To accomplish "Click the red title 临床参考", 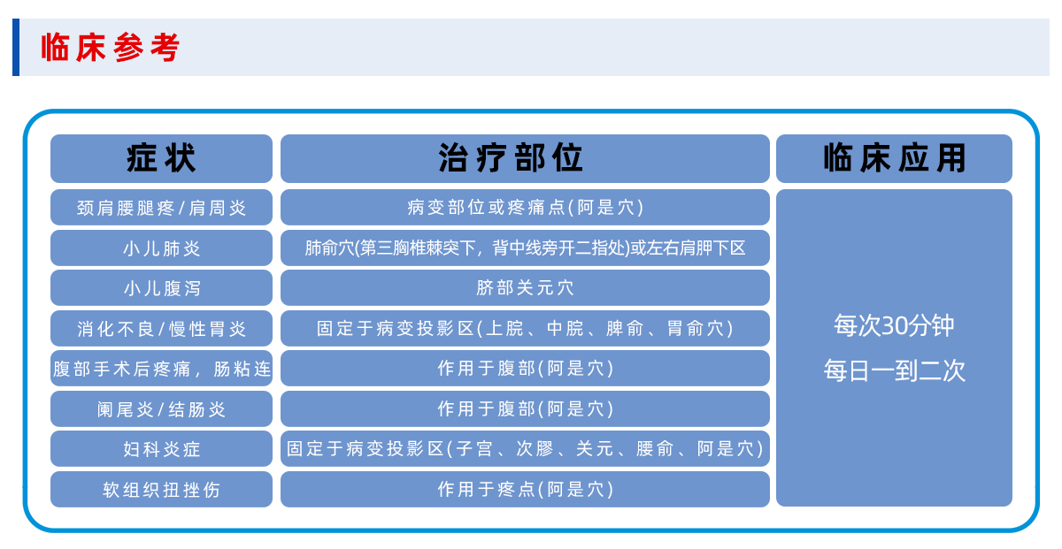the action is [x=110, y=48].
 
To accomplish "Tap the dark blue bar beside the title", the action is [x=16, y=47].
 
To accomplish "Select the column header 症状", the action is [x=161, y=158].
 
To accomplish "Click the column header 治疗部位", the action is [x=525, y=158].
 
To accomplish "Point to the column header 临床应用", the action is [x=894, y=158].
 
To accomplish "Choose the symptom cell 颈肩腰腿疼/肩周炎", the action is [x=161, y=208].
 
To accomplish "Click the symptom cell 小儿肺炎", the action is [x=161, y=248].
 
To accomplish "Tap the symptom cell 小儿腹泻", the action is [x=161, y=288].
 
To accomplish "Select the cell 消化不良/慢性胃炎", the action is [x=161, y=328].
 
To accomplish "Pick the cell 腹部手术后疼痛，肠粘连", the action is [x=161, y=369].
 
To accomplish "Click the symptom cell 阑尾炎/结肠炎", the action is [x=161, y=408].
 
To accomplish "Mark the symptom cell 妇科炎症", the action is [x=161, y=448].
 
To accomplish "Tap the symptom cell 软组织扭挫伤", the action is [x=161, y=489].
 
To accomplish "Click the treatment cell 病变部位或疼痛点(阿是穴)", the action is [x=525, y=208].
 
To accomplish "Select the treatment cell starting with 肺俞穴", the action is [x=525, y=248].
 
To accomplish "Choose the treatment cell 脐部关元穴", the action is [x=525, y=288].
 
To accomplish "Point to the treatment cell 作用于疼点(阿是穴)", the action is [x=525, y=489].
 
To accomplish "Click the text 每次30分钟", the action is [x=894, y=325].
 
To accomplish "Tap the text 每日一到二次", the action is [x=894, y=370].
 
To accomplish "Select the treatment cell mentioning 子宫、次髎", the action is [x=525, y=448].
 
